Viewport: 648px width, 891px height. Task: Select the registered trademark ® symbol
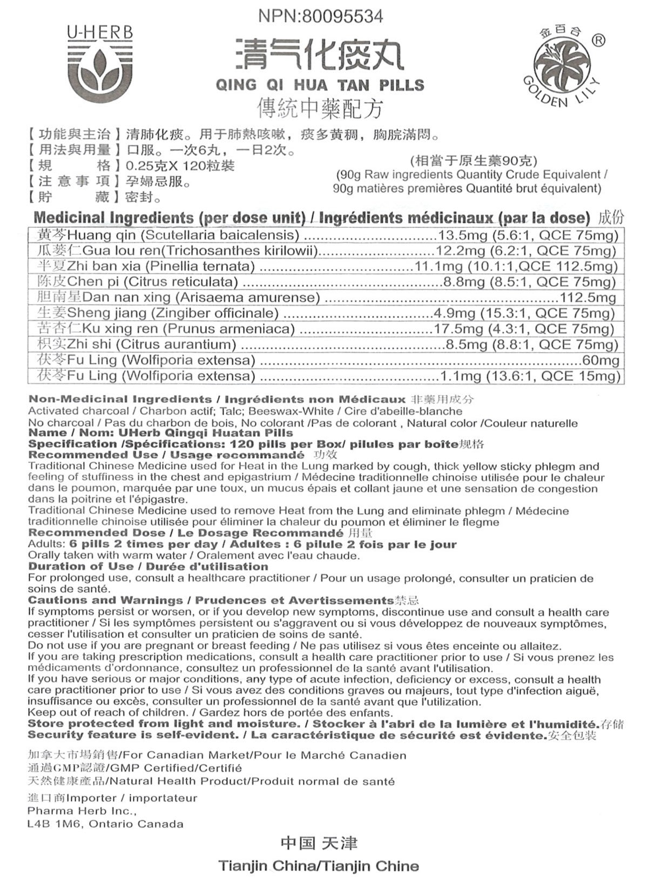(x=598, y=40)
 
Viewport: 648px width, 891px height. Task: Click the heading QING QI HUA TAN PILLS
(x=320, y=85)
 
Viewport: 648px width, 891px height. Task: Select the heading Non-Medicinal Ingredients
(x=120, y=400)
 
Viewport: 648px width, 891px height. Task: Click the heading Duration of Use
(x=80, y=566)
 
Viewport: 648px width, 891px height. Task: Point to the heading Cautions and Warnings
(x=105, y=600)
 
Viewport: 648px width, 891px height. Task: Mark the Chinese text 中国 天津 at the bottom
(x=319, y=843)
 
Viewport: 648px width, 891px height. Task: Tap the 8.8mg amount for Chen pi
(x=466, y=282)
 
